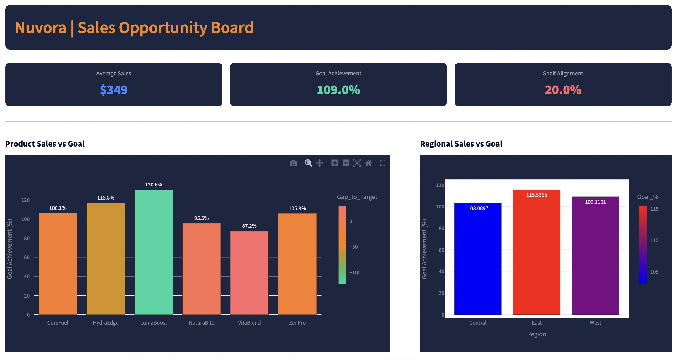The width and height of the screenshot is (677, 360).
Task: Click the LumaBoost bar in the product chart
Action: [154, 252]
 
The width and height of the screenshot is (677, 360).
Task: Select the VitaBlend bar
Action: [249, 273]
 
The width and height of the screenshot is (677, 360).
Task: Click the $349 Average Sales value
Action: [114, 90]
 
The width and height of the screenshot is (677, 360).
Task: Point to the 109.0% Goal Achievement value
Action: [338, 90]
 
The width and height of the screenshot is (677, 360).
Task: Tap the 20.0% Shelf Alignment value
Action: [563, 90]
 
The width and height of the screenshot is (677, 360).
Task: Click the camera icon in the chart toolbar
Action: [293, 163]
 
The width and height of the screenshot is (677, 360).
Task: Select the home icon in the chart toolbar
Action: [369, 163]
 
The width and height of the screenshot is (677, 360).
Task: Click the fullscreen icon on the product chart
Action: [382, 163]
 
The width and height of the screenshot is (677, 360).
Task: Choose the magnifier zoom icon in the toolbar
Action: [308, 163]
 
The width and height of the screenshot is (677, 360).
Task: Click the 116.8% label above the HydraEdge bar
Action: [106, 198]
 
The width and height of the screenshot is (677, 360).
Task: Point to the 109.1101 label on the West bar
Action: [595, 202]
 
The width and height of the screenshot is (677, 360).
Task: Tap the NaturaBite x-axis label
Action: [201, 322]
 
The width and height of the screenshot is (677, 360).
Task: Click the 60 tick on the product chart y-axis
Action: [27, 257]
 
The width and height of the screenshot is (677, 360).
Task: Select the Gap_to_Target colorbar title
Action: [357, 197]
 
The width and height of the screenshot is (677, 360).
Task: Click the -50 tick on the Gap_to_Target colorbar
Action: [353, 247]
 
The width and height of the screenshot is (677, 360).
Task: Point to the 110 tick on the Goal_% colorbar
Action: [654, 240]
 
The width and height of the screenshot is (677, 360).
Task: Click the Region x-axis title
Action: [536, 334]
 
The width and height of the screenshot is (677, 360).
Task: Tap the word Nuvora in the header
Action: [40, 28]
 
